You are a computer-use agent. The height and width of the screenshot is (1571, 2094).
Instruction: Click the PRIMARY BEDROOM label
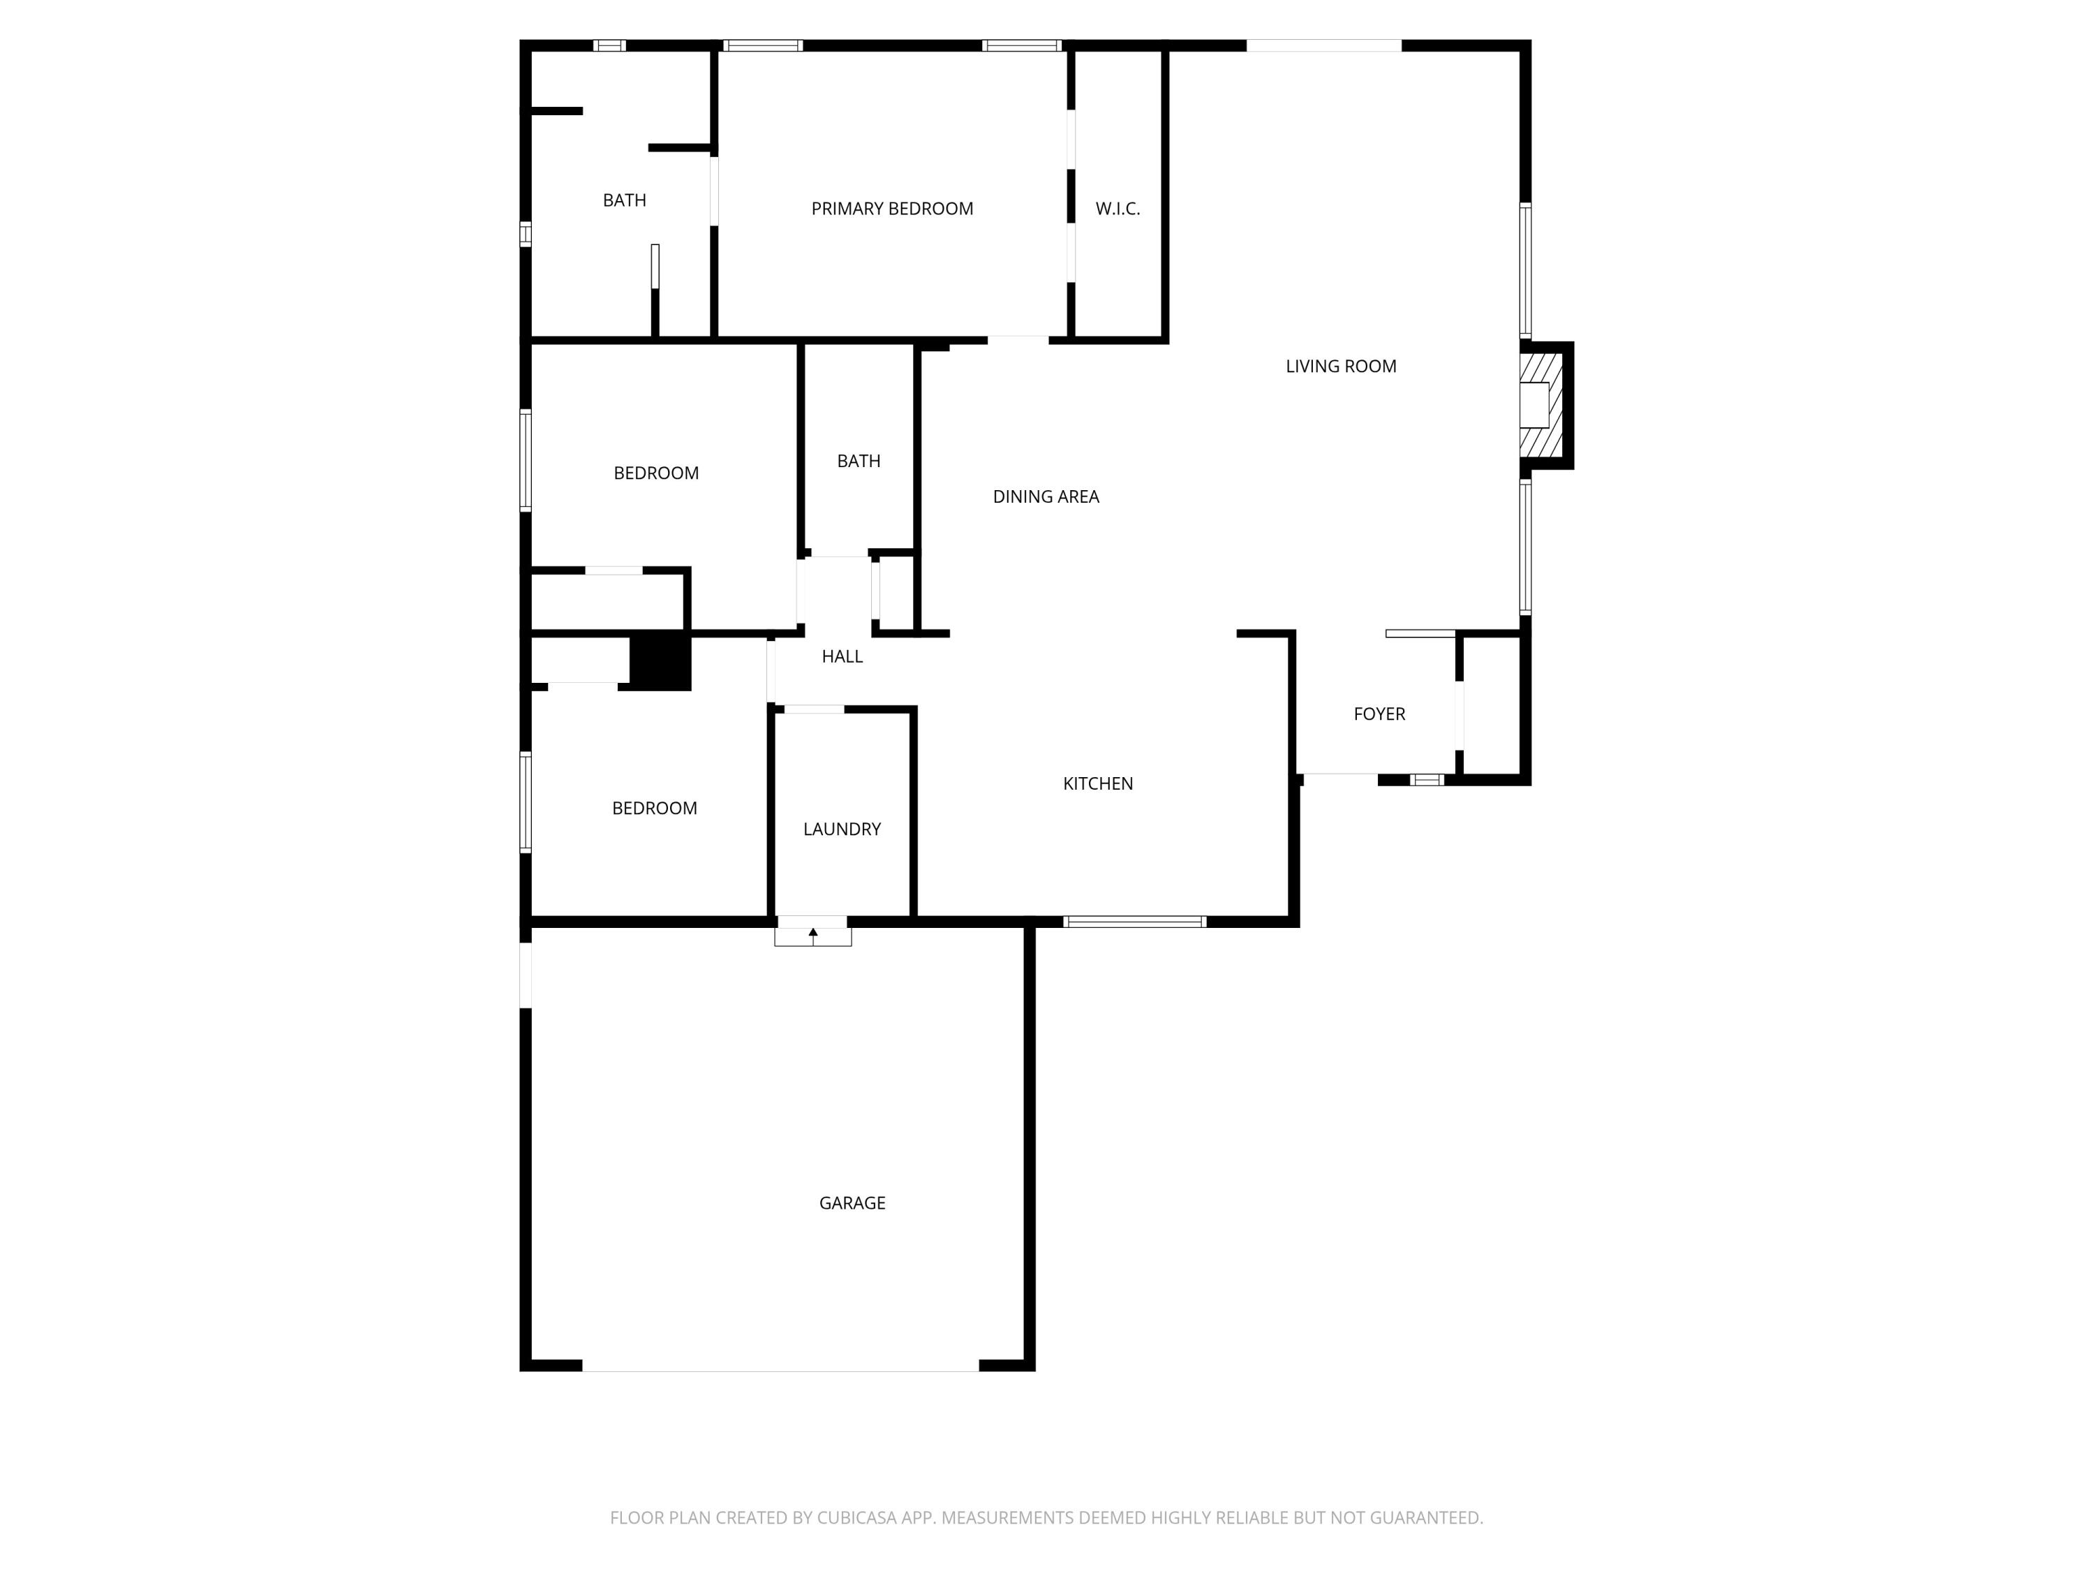[x=892, y=208]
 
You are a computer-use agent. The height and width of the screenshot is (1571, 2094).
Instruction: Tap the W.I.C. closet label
[x=1117, y=208]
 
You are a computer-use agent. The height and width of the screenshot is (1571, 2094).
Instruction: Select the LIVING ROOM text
[x=1340, y=367]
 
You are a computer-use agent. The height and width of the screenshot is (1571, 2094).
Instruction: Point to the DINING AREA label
[x=1045, y=496]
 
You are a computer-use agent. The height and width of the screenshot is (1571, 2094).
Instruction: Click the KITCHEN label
[x=1097, y=783]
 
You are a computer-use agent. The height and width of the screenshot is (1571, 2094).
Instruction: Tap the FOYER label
[x=1379, y=714]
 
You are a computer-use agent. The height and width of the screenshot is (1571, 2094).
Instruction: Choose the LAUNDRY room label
[x=842, y=829]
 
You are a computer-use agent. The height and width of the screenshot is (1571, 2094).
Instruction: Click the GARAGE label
[x=852, y=1202]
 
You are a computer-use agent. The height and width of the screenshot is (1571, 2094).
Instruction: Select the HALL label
[x=842, y=656]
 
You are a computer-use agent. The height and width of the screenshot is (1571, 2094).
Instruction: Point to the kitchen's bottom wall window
[x=1134, y=922]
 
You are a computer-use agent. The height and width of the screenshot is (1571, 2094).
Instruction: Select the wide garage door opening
[x=780, y=1366]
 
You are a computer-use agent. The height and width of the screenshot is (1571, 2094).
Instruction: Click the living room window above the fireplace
[x=1525, y=270]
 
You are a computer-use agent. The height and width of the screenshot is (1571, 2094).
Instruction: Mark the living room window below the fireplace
[x=1525, y=547]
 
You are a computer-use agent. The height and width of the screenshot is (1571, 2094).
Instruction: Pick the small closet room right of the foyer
[x=1492, y=705]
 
